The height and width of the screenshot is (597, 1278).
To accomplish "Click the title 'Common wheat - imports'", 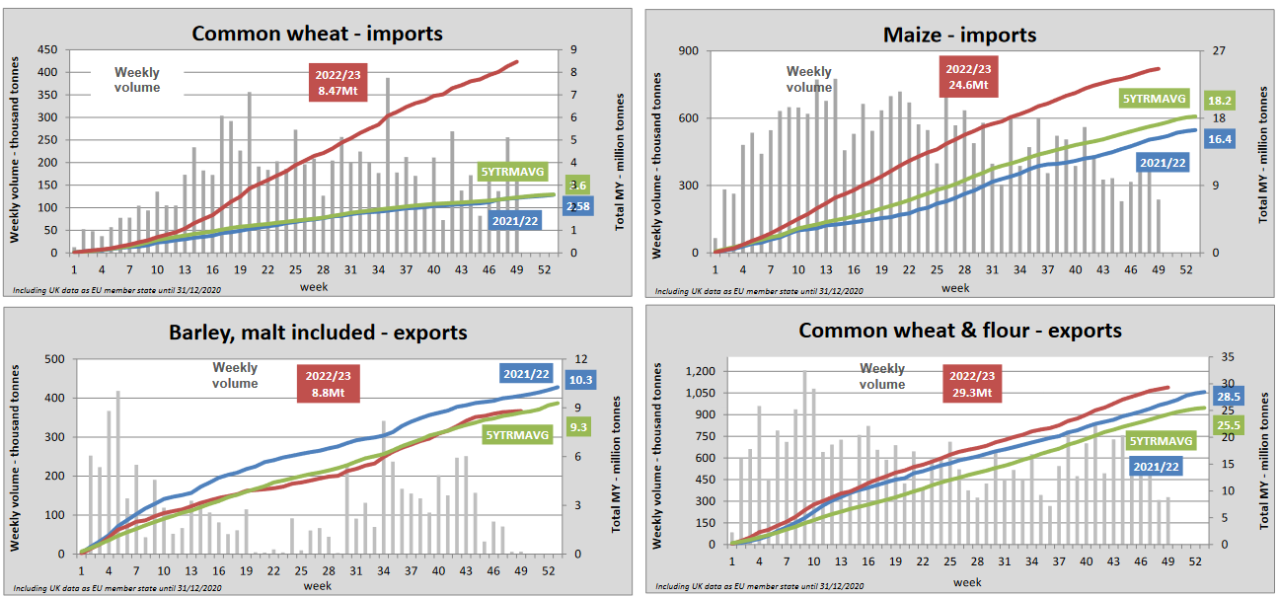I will [x=317, y=34].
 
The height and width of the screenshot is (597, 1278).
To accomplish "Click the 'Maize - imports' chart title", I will [x=959, y=36].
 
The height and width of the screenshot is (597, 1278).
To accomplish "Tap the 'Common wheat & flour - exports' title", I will [x=960, y=330].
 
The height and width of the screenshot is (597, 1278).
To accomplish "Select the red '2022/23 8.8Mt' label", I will [x=328, y=383].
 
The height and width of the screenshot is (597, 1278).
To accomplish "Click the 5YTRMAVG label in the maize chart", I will [x=1150, y=98].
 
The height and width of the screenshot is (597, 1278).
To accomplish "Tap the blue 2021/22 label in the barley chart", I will [x=527, y=374].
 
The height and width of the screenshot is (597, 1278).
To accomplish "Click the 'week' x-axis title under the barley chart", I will [x=318, y=586].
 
